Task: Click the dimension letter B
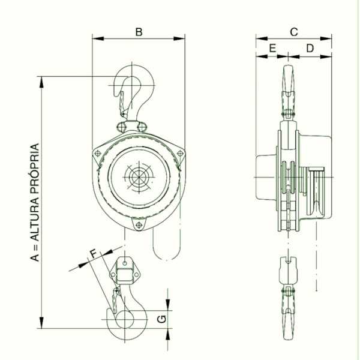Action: [x=139, y=31]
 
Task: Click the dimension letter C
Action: [x=294, y=31]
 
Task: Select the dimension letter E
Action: [x=272, y=47]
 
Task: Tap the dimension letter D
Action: [x=310, y=47]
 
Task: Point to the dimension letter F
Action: [x=93, y=254]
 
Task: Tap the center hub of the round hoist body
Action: [x=138, y=178]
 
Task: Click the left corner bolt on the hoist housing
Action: [x=97, y=154]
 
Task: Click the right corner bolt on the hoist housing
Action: [x=180, y=154]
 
